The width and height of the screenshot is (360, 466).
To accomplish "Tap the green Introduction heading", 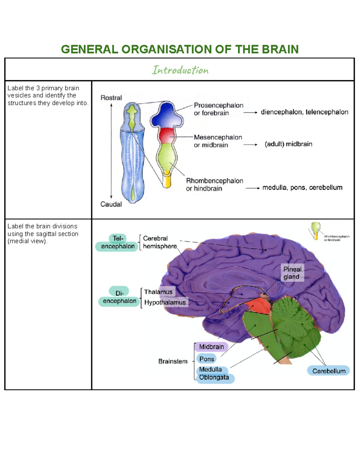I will [x=180, y=70].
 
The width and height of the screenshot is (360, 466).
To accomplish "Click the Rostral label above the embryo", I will [x=111, y=98].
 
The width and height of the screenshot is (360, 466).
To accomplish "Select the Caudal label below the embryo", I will [x=111, y=204].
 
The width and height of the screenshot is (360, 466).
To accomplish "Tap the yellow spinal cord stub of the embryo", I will [x=167, y=181].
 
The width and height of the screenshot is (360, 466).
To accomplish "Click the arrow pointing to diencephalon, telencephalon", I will [x=250, y=113].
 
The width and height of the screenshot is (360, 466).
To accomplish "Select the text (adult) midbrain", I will [x=288, y=144].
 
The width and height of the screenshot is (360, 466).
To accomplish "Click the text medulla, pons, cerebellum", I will [x=302, y=188].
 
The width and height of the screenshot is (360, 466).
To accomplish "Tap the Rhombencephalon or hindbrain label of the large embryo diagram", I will [x=214, y=185].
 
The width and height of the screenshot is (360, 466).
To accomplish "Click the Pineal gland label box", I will [x=292, y=273].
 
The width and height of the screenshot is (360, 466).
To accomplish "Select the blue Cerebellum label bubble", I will [x=328, y=371].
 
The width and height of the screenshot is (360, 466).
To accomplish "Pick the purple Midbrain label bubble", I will [x=211, y=347].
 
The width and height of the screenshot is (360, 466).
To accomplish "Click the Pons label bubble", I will [x=206, y=359].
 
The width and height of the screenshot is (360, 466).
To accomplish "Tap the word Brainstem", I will [x=173, y=361].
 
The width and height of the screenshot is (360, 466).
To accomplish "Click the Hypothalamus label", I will [x=165, y=302].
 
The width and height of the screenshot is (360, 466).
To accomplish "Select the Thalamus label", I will [x=158, y=292].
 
